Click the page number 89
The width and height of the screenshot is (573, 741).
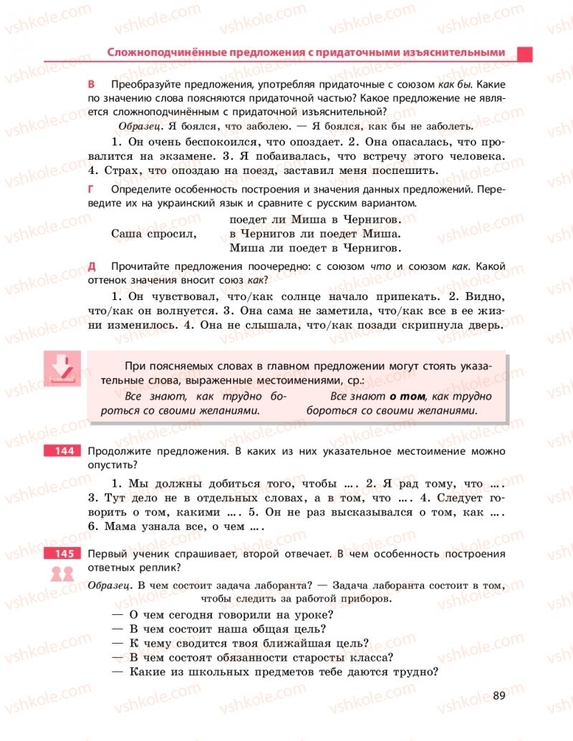pos(500,695)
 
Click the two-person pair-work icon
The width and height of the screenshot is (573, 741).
pos(62,573)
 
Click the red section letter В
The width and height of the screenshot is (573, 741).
pos(91,84)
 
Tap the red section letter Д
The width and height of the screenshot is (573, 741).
pos(91,266)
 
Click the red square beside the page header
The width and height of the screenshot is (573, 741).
pos(524,54)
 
